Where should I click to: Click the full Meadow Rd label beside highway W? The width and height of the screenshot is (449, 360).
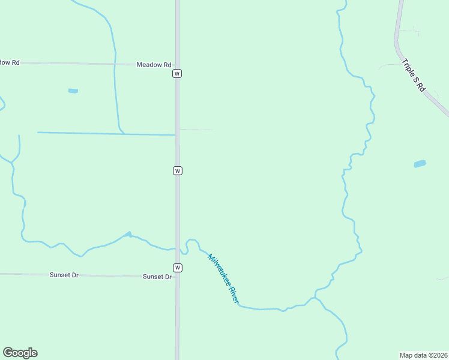pos(154,65)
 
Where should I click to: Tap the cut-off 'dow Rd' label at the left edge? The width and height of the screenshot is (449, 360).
pos(10,62)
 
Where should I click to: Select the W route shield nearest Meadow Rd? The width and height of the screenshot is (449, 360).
pos(177,73)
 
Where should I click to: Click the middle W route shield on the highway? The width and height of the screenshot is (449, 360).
pos(177,170)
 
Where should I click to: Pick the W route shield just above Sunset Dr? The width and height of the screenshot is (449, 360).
pos(177,267)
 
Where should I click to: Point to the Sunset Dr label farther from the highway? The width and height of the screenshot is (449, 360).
pos(64,275)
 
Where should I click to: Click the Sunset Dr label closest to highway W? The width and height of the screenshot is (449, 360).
pos(157,277)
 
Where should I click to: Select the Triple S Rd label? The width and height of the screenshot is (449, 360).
pos(414,75)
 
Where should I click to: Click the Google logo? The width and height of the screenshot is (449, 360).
pos(20,353)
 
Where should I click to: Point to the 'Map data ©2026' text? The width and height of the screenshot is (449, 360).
pos(423,355)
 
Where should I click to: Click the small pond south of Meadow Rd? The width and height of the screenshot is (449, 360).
pos(73,91)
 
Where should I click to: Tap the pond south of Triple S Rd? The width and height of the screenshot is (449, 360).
pos(420,163)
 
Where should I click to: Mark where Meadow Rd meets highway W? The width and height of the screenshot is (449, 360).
pos(177,64)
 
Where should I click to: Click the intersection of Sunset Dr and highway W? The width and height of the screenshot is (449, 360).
pos(177,277)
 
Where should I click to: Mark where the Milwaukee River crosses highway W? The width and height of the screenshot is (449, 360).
pos(177,248)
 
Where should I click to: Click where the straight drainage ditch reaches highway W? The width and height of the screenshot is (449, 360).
pos(176,134)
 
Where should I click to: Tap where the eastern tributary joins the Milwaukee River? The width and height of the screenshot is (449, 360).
pos(313,298)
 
